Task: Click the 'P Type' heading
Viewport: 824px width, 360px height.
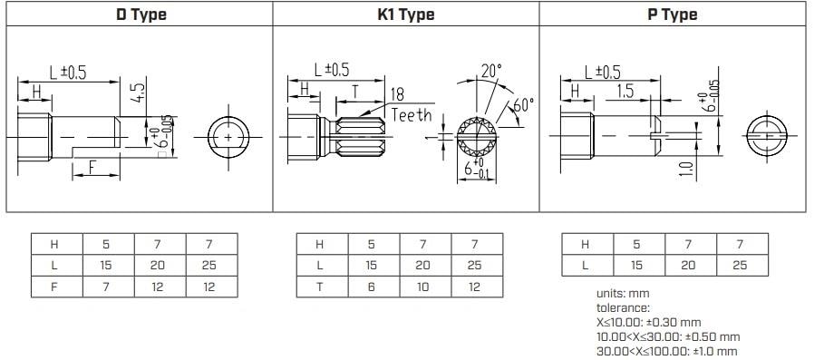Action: [x=672, y=15]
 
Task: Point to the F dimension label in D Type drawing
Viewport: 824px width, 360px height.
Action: [x=92, y=166]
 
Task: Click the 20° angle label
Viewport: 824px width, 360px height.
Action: [x=490, y=70]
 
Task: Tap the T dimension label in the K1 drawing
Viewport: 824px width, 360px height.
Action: [x=354, y=92]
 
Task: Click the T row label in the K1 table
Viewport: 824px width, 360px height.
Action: [x=321, y=289]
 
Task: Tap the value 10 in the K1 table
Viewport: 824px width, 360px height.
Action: [x=422, y=289]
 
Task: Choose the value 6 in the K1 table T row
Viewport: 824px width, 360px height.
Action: [x=372, y=289]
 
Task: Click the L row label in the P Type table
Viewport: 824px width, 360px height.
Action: [x=586, y=266]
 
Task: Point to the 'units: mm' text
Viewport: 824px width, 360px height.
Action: [x=623, y=294]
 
